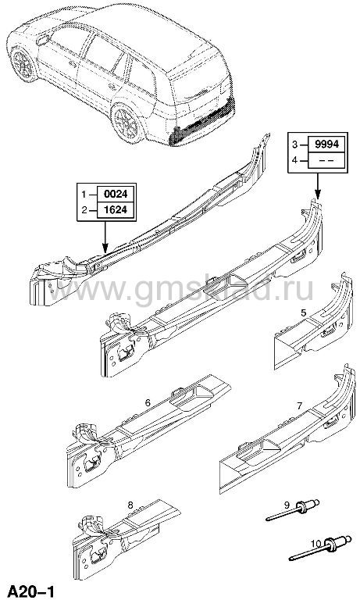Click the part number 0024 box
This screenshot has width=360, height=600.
[115, 194]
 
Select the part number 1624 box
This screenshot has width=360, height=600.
[115, 210]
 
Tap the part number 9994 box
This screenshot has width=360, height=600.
[326, 145]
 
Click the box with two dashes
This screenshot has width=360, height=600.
[326, 160]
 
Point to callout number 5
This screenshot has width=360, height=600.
[303, 312]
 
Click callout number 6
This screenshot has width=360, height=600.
[148, 402]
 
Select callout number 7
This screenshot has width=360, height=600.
[300, 405]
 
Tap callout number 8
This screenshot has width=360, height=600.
[130, 505]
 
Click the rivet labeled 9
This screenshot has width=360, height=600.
[293, 511]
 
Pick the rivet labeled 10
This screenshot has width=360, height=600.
[320, 547]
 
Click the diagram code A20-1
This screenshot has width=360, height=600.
[31, 591]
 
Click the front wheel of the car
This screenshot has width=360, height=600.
[23, 64]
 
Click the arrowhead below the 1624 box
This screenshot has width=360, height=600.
[105, 248]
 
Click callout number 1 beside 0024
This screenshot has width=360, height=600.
[84, 195]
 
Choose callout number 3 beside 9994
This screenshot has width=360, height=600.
[294, 145]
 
